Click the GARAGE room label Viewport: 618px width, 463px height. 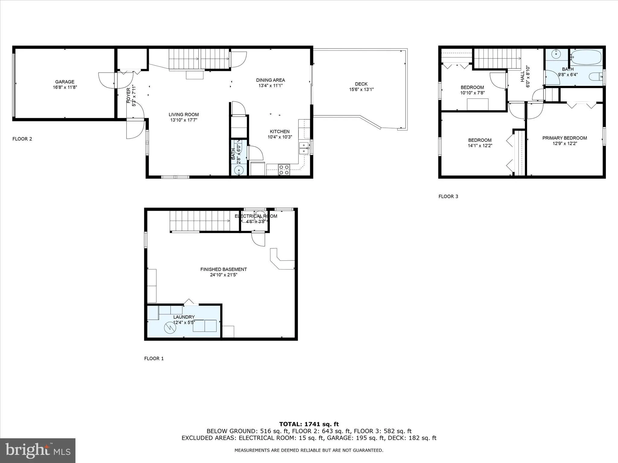point(65,82)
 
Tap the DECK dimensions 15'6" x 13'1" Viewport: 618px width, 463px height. point(361,90)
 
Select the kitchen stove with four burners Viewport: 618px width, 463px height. point(284,170)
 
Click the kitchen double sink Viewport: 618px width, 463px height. point(304,148)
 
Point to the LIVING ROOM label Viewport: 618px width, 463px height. point(183,115)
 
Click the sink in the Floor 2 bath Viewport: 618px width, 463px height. point(239,170)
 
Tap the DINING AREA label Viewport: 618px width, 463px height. point(270,80)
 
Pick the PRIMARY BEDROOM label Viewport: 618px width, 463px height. point(565,138)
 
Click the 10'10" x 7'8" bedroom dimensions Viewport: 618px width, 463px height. point(472,93)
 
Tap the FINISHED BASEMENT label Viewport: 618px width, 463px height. point(223,269)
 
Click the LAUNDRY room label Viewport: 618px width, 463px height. point(184,317)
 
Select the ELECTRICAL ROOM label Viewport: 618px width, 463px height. point(256,216)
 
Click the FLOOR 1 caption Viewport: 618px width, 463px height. point(154,358)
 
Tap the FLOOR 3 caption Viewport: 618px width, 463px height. point(448,197)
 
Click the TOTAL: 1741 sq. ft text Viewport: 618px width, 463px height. point(309,424)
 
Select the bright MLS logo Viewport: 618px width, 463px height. point(38,450)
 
